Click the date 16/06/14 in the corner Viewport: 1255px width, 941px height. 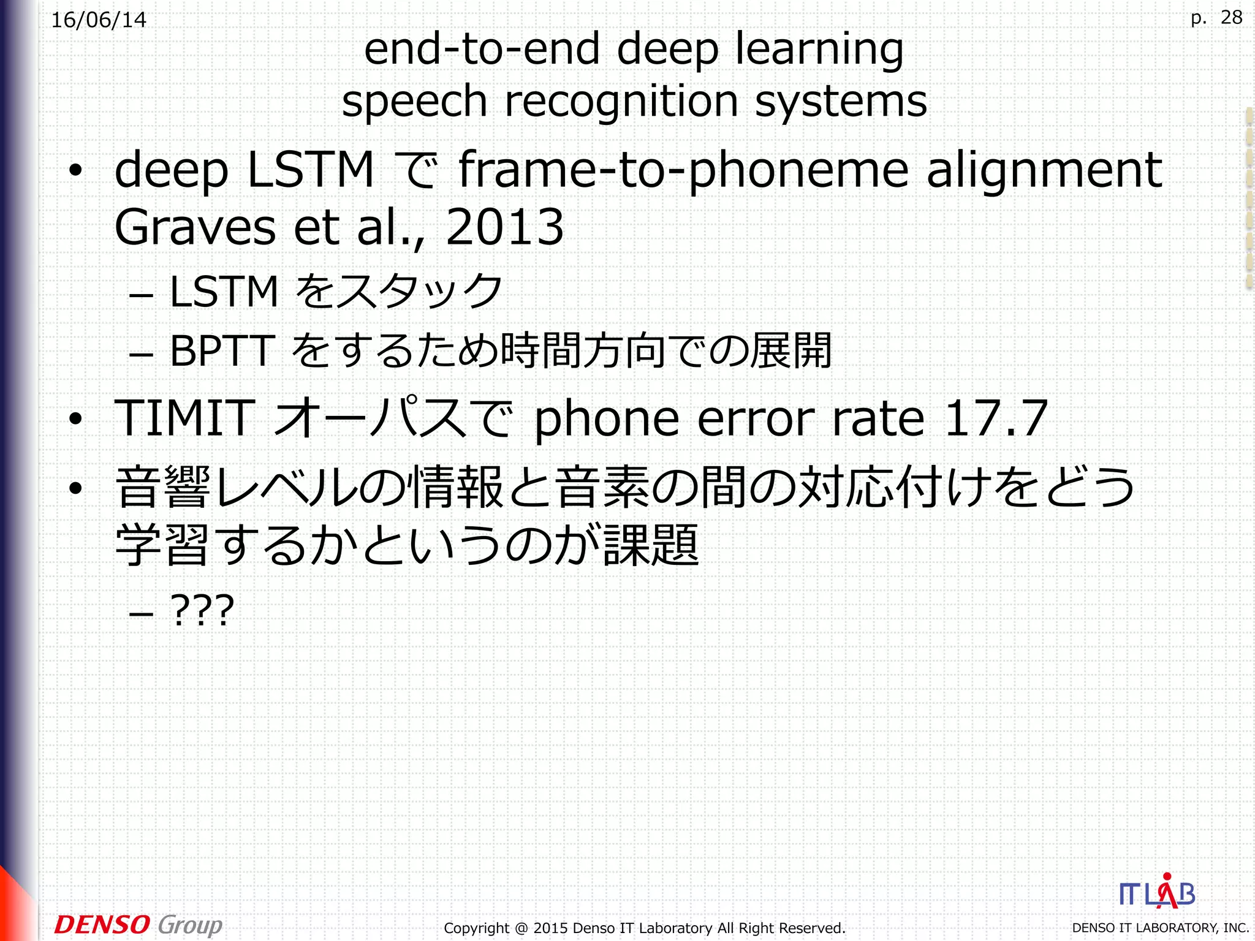pyautogui.click(x=99, y=20)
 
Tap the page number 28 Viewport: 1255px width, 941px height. pyautogui.click(x=1231, y=17)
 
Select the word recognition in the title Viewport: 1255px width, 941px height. pyautogui.click(x=621, y=102)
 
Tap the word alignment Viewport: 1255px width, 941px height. pyautogui.click(x=1044, y=170)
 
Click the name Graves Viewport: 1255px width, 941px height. pyautogui.click(x=195, y=227)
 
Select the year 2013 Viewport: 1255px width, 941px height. pyautogui.click(x=504, y=227)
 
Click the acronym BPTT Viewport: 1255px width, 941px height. pyautogui.click(x=221, y=351)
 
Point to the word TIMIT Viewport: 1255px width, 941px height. pyautogui.click(x=184, y=418)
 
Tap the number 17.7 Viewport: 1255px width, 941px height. pyautogui.click(x=996, y=418)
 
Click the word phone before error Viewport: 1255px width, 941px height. pyautogui.click(x=607, y=419)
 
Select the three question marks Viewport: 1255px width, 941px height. pyautogui.click(x=202, y=610)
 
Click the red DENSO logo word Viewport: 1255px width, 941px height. pyautogui.click(x=102, y=924)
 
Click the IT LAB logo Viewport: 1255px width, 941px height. pyautogui.click(x=1157, y=892)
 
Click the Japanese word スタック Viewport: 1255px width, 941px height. pyautogui.click(x=420, y=291)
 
